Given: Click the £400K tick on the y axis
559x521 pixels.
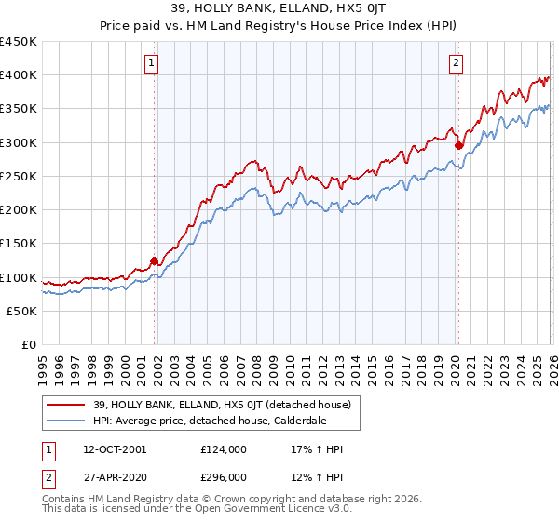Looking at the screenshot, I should click(x=19, y=75).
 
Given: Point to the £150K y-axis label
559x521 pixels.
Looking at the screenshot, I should click(x=19, y=244).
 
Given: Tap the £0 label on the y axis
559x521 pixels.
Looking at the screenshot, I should click(x=30, y=345).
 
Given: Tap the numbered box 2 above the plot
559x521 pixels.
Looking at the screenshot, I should click(x=456, y=63).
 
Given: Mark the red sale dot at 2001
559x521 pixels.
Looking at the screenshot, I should click(x=155, y=261).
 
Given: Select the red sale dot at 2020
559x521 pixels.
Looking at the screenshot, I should click(x=458, y=145).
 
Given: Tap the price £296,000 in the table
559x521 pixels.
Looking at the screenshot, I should click(x=223, y=476).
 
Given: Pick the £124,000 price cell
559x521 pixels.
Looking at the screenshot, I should click(x=223, y=449).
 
